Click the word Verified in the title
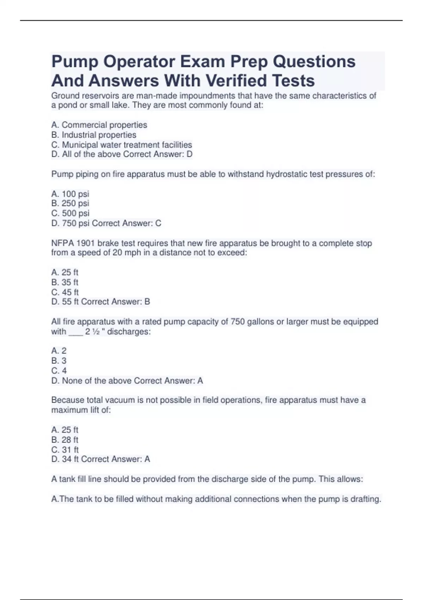click(236, 81)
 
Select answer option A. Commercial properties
click(99, 125)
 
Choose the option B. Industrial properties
click(94, 135)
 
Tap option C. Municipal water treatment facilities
click(122, 145)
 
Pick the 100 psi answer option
click(70, 194)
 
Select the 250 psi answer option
click(70, 203)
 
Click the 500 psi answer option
click(70, 213)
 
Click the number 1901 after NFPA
click(85, 243)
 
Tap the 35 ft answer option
click(65, 282)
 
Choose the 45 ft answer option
click(65, 292)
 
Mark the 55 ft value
click(70, 302)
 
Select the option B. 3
click(59, 361)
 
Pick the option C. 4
click(59, 371)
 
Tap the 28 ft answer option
click(65, 440)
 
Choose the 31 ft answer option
click(65, 450)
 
